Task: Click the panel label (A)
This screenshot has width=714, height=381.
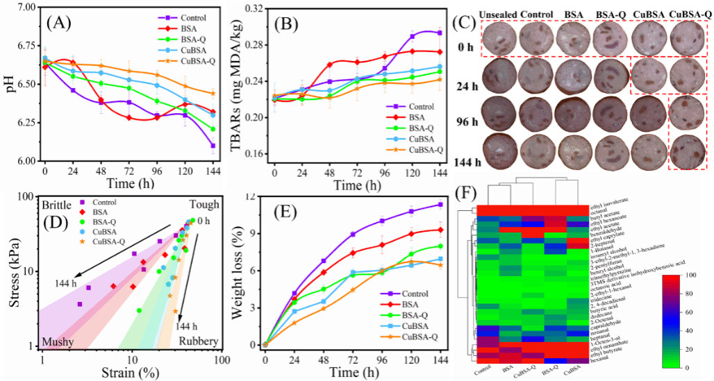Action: tap(59, 23)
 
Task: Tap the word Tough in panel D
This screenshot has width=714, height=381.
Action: tap(204, 205)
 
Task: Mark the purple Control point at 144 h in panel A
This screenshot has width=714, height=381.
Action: tap(212, 146)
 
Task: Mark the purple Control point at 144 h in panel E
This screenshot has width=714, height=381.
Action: tap(440, 205)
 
